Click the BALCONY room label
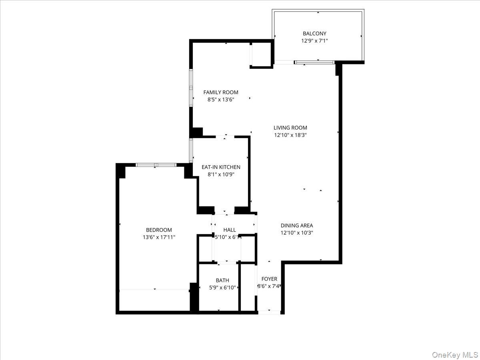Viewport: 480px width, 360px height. coord(314,34)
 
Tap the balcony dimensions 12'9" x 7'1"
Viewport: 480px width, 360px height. coord(314,41)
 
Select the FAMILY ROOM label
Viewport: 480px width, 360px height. coord(220,92)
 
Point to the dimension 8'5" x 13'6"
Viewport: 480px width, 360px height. coord(220,100)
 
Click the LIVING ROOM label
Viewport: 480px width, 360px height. coord(290,128)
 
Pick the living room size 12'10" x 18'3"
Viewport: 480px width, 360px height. coord(290,135)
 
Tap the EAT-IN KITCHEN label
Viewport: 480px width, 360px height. coord(221,167)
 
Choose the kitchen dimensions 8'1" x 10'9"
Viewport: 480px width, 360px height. coord(221,174)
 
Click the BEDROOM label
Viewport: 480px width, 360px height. coord(159,230)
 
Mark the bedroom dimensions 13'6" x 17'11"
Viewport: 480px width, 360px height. coord(159,237)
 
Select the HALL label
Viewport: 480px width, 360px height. coord(230,230)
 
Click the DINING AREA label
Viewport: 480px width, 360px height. coord(297,225)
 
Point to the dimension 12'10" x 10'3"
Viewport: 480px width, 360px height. coord(297,232)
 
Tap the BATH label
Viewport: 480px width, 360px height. coord(222,280)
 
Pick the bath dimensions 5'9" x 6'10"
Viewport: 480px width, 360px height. coord(222,287)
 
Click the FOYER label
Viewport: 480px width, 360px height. coord(269,279)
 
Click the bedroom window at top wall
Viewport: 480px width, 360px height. coord(156,165)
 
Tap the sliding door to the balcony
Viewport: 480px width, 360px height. coord(314,62)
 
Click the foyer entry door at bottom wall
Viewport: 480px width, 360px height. coord(269,312)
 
